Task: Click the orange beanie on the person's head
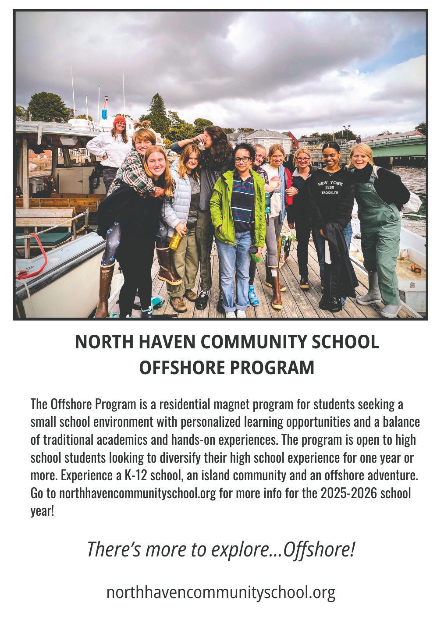(119, 120)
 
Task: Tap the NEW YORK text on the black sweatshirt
(330, 183)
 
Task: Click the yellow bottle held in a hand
(176, 240)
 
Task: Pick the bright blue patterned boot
(253, 295)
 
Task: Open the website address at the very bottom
(221, 592)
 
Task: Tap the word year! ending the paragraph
(42, 511)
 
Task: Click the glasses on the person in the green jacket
(242, 160)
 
